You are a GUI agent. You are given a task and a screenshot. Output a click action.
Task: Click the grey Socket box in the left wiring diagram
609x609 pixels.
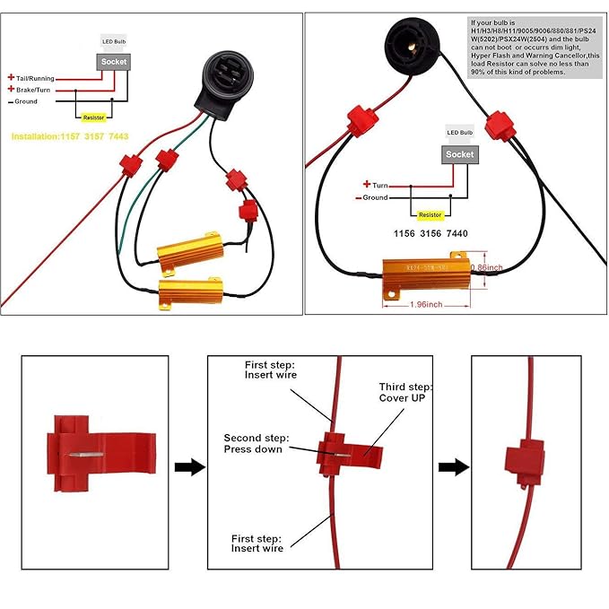(114, 62)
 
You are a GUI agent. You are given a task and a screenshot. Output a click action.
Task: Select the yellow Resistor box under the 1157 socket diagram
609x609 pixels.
(92, 117)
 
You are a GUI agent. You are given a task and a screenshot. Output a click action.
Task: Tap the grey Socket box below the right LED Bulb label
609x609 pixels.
(459, 154)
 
